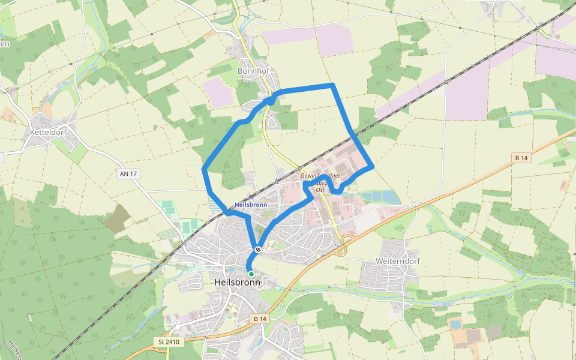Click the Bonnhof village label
coord(254,71)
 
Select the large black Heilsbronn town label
coord(237,282)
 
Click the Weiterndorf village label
coord(397,261)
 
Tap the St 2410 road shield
coord(169,342)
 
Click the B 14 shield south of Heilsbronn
coord(259,319)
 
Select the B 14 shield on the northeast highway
coord(521,158)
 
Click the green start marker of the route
coord(251,274)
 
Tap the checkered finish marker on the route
coord(258,249)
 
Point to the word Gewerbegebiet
coord(320,176)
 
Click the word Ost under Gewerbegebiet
coord(320,190)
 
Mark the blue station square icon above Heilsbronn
coord(250,197)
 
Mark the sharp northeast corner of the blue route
coord(332,86)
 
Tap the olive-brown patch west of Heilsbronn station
coord(116,218)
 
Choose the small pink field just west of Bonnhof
coord(217,93)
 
